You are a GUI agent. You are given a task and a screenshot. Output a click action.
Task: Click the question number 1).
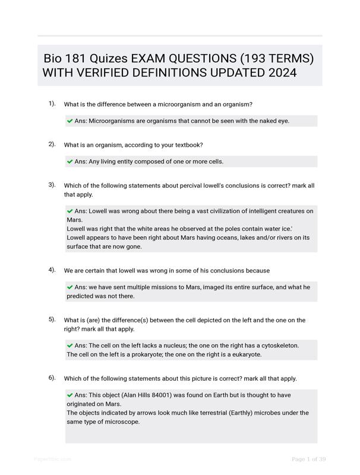click(52, 104)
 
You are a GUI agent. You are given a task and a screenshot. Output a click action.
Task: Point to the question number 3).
click(52, 185)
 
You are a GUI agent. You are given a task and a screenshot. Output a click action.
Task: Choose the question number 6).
click(52, 378)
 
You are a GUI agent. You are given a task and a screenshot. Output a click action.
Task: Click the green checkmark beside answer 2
click(70, 161)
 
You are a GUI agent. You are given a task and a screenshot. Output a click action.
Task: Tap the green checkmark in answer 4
click(70, 287)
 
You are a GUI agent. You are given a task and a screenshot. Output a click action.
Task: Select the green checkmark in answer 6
click(70, 395)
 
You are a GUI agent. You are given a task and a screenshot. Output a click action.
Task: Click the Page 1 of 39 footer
click(309, 459)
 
